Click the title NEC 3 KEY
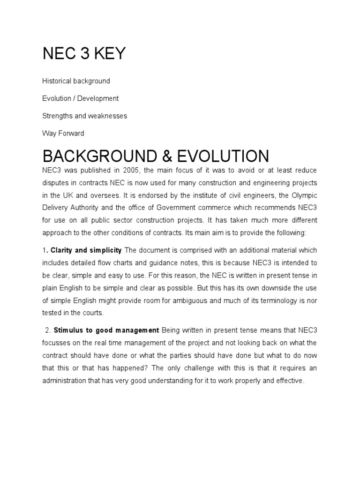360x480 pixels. tap(84, 54)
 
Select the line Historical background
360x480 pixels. tap(76, 81)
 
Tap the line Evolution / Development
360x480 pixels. tap(80, 98)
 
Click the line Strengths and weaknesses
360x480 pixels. tap(84, 116)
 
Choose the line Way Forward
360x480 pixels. tap(63, 133)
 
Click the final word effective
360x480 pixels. tap(290, 381)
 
